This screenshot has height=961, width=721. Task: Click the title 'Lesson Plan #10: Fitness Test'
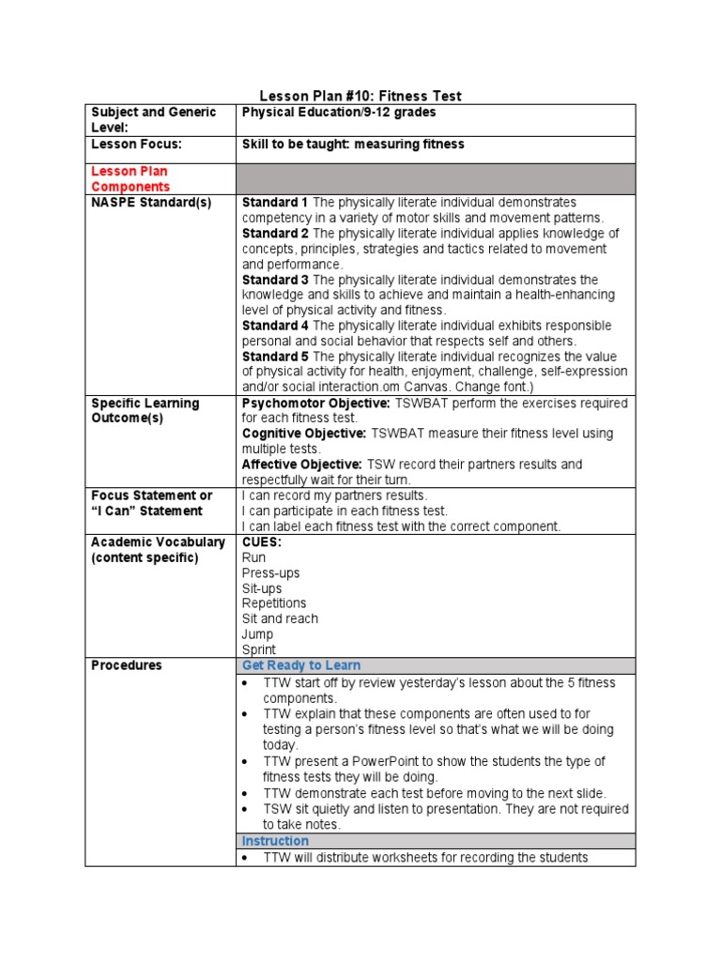click(x=360, y=96)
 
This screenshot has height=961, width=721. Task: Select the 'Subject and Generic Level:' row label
click(x=153, y=119)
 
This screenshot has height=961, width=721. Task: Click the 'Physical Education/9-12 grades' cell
click(x=339, y=113)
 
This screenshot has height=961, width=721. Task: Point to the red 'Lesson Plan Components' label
click(x=130, y=179)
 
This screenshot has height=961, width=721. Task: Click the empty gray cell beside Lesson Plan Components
click(x=436, y=178)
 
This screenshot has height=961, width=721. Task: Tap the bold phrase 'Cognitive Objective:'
click(x=304, y=434)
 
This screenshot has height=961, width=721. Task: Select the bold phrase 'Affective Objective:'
click(x=301, y=465)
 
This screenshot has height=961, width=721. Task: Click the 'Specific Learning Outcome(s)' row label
click(x=145, y=410)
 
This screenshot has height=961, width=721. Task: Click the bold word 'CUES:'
click(x=262, y=542)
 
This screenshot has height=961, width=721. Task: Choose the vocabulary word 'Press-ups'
click(x=270, y=572)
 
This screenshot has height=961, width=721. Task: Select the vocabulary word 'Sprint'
click(x=259, y=649)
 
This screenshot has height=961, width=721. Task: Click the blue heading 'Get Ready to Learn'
click(x=300, y=665)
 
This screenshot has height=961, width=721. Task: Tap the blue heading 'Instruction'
click(x=275, y=841)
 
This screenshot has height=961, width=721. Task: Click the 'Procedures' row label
click(x=127, y=665)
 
